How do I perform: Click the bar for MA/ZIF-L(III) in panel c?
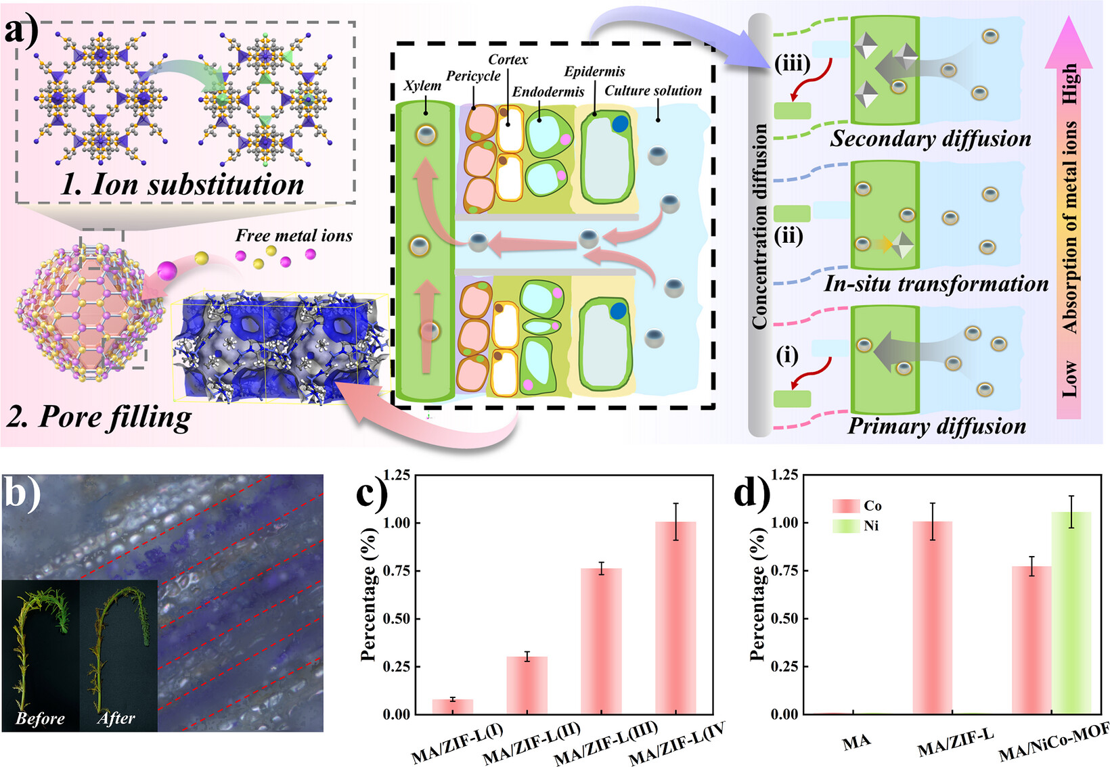pos(601,641)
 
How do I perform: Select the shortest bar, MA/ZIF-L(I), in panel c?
pos(452,707)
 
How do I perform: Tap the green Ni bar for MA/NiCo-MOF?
pos(1071,613)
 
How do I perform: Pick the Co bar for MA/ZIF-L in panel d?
pos(933,618)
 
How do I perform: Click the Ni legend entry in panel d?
pos(857,526)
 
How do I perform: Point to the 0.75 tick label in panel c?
pos(397,571)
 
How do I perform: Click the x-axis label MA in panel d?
pos(857,742)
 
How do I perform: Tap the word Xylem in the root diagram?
pos(422,86)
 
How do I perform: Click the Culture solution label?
pos(653,91)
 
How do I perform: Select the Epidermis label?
pos(595,72)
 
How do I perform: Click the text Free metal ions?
pos(294,235)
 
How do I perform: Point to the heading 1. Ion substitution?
pos(182,184)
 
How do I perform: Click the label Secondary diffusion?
pos(931,139)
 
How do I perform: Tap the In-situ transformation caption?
pos(936,283)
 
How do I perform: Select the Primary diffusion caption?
pos(937,426)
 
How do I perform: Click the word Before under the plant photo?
pos(40,718)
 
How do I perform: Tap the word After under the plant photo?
pos(116,718)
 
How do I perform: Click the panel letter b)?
pos(22,493)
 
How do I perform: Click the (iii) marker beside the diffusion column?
pos(792,64)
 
